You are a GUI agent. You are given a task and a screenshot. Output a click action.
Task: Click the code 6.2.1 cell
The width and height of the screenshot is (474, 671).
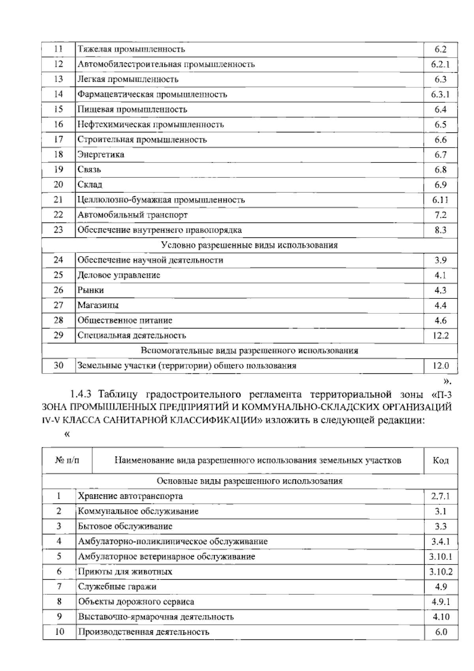440,64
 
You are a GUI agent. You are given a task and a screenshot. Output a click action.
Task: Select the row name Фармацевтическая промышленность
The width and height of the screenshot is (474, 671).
152,94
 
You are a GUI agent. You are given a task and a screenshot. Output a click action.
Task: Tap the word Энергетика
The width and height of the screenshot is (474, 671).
101,155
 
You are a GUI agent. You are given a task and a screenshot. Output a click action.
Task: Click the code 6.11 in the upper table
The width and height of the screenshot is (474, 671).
440,200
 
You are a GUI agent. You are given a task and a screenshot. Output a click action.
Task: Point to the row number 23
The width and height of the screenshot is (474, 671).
58,230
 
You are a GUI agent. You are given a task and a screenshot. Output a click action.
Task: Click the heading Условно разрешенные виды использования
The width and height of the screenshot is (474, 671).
250,245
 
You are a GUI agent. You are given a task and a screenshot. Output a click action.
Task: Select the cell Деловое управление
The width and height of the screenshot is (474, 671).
119,275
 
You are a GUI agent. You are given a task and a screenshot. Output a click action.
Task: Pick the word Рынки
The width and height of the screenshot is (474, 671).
91,290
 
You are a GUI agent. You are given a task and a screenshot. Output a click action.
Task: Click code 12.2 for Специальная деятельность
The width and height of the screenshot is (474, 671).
440,336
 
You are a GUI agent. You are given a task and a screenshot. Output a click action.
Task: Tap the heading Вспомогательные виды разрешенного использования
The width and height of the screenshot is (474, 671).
250,351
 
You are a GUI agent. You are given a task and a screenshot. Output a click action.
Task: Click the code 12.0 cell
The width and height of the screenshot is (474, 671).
440,366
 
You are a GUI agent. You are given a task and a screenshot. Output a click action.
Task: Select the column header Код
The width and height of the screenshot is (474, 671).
440,461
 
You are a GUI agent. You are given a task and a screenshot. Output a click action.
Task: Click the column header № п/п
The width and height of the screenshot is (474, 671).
67,461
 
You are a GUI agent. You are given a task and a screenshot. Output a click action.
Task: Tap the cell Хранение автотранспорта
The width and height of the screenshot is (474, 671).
130,496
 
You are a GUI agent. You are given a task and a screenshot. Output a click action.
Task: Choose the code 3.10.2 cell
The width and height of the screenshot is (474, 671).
440,572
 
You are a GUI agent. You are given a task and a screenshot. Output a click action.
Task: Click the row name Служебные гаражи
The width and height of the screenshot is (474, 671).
117,587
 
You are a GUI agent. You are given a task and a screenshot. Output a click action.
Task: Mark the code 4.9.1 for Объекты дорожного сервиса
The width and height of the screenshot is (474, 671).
440,602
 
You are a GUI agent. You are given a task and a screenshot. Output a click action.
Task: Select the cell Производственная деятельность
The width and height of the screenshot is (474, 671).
143,632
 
